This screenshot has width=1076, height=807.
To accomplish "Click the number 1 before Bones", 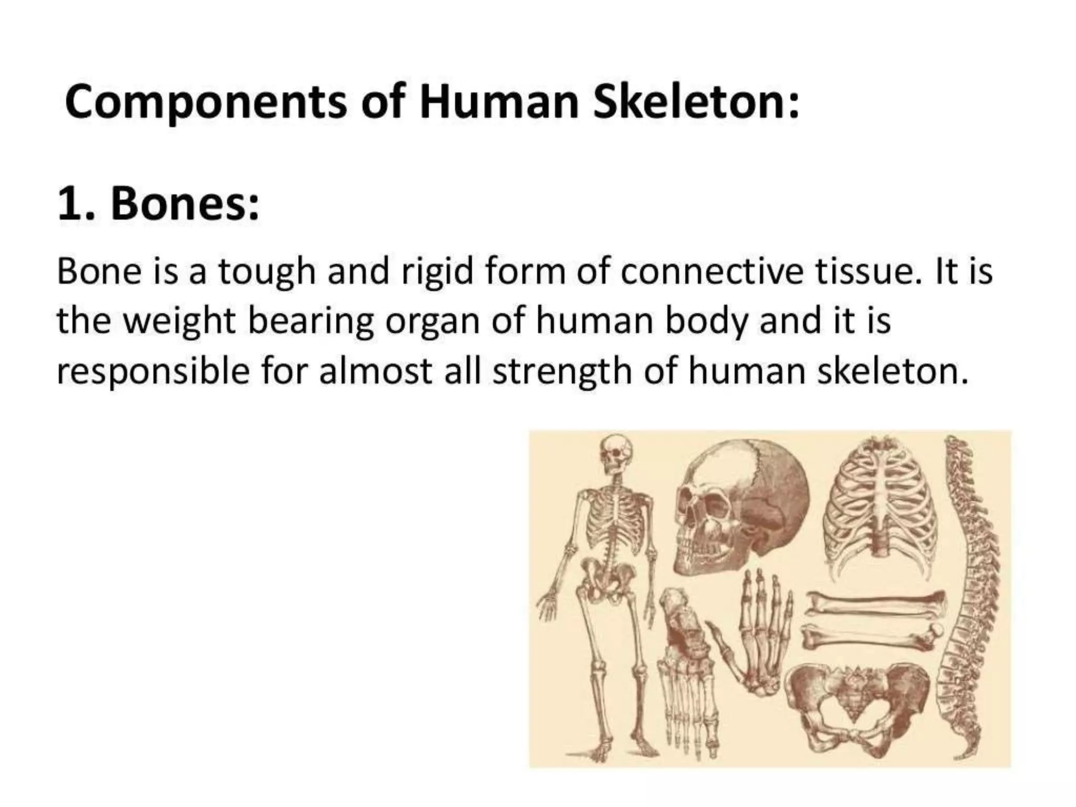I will [x=71, y=205].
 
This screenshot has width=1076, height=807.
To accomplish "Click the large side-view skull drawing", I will [x=741, y=504].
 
